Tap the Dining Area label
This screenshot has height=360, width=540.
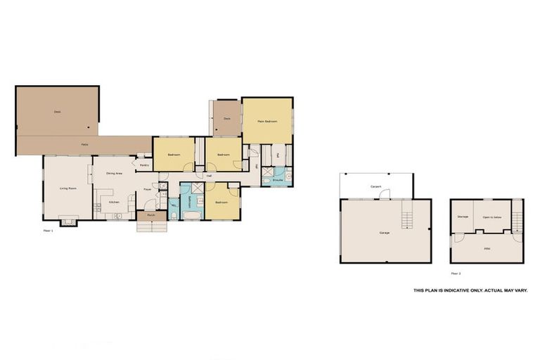[x=115, y=173]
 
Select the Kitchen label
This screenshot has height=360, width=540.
[x=114, y=202]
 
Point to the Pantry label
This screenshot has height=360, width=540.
[x=143, y=165]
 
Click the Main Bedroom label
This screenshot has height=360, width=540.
[x=267, y=122]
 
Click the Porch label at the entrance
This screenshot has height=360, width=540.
[x=151, y=215]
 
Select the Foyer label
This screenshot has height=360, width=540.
[x=148, y=189]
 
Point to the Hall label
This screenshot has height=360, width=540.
[x=209, y=176]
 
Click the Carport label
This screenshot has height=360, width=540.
[x=376, y=186]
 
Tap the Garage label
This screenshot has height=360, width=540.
[x=384, y=232]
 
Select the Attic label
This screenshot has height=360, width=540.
[x=487, y=248]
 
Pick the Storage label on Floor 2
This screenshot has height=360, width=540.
[x=463, y=217]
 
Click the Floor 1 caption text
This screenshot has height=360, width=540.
[x=49, y=230]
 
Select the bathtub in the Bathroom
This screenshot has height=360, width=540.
[x=191, y=214]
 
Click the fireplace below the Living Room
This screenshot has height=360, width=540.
[x=69, y=221]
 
